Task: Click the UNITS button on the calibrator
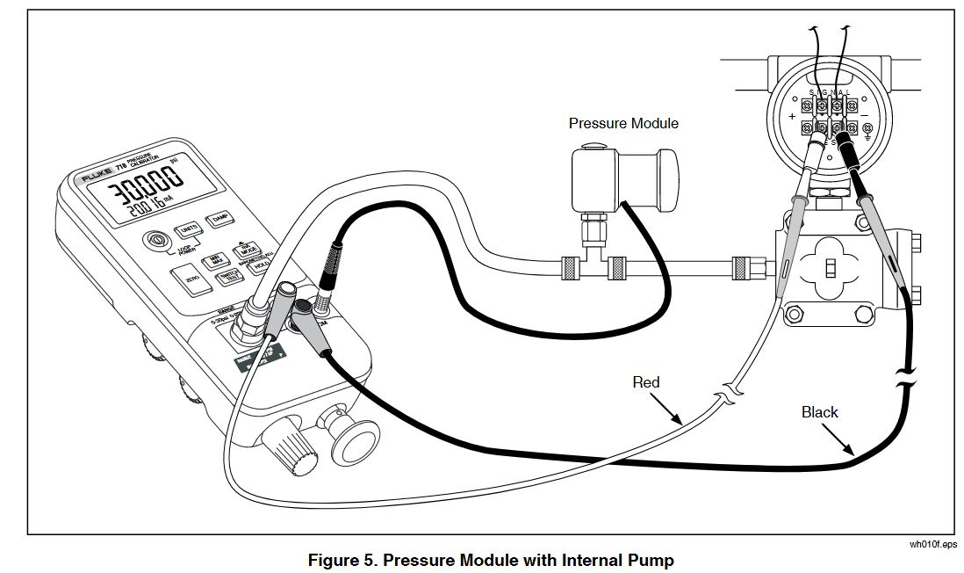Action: tap(188, 229)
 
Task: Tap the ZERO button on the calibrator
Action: tap(192, 279)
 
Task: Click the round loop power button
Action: tap(159, 239)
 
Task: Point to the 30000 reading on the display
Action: tap(140, 187)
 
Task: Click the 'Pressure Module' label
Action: tap(623, 123)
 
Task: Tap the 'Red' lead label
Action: tap(646, 382)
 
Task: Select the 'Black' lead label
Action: tap(819, 411)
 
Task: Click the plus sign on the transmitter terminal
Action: tap(792, 117)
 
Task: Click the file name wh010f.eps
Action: tap(933, 544)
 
